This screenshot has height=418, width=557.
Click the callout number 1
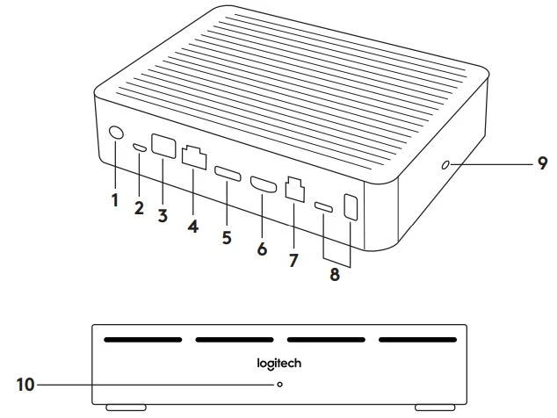[114, 200]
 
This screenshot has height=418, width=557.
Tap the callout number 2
[138, 207]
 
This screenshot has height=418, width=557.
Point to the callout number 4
[193, 226]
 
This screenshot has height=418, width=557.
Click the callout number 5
[226, 237]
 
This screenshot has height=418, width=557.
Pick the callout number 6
[261, 249]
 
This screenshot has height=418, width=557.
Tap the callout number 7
[294, 261]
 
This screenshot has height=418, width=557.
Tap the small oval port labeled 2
[139, 148]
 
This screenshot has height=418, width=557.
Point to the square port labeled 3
[163, 146]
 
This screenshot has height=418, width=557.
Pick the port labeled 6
[262, 184]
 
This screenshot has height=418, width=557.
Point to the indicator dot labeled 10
[279, 385]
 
